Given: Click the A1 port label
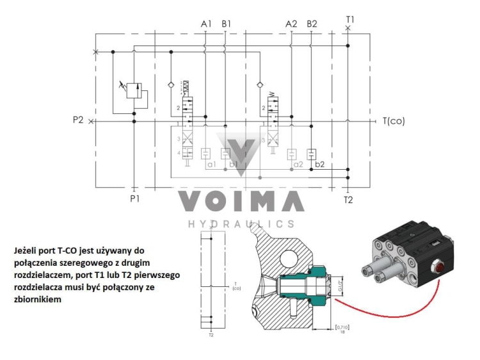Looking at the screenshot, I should click(x=206, y=24).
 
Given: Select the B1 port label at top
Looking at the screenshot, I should click(x=227, y=24).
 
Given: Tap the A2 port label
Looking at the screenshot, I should click(x=291, y=24).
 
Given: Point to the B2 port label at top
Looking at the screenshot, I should click(x=312, y=24).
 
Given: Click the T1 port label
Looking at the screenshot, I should click(x=349, y=19).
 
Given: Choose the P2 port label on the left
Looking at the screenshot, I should click(x=79, y=120).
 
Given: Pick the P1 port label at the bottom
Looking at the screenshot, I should click(x=134, y=198).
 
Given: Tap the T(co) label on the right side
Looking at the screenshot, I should click(x=394, y=120).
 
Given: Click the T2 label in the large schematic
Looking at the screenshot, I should click(x=348, y=199).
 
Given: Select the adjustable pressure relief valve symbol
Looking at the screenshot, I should click(x=133, y=90).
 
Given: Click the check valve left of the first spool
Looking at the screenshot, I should click(x=170, y=85).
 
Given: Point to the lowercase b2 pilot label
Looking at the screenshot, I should click(x=319, y=164).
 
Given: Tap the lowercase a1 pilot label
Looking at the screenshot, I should click(x=211, y=164).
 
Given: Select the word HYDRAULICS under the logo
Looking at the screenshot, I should click(x=241, y=224).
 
